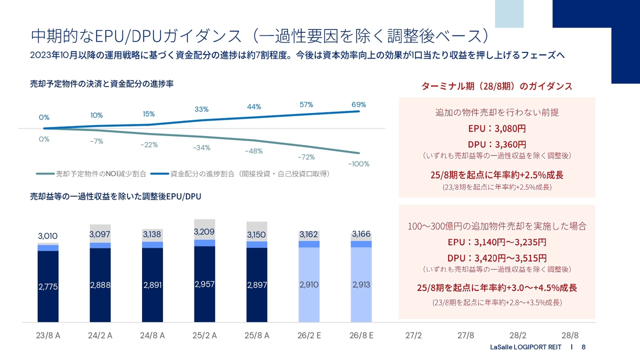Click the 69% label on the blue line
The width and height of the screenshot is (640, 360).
coord(358,104)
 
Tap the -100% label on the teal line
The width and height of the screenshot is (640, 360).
coord(358,163)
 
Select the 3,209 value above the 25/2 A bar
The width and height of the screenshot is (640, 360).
coord(204,232)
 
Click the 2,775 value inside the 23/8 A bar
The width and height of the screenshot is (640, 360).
coord(48,286)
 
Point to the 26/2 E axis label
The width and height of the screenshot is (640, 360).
coord(309,335)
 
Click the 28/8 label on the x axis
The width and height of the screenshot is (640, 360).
coord(570,335)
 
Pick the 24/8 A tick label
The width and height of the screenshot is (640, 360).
coord(152,335)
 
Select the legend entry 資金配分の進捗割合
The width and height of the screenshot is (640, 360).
coord(240,174)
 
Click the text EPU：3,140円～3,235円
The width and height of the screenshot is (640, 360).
coord(496,242)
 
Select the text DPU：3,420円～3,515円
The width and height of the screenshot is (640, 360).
coord(496,258)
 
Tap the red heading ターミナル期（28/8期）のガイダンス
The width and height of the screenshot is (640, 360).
coord(496,86)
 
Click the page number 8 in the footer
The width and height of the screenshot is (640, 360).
coord(583,347)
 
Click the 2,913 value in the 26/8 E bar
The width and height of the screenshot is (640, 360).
coord(361,284)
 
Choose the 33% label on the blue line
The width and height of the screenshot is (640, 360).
coord(201,109)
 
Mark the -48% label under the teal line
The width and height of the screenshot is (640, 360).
coord(253,151)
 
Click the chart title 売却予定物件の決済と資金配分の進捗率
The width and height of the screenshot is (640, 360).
coord(102,83)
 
